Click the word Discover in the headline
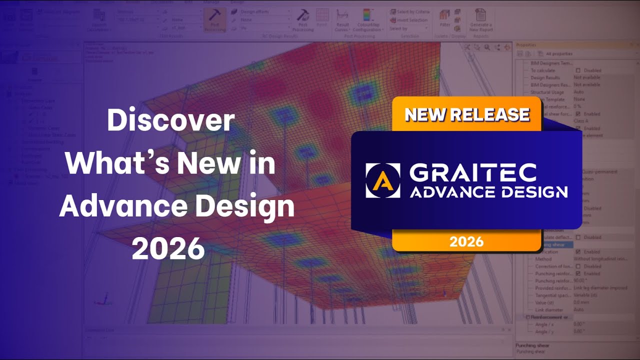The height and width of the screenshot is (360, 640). (170, 121)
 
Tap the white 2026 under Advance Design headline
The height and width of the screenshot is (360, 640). (168, 248)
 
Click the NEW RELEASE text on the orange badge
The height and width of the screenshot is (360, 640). (466, 114)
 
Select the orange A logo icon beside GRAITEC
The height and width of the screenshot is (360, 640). (382, 180)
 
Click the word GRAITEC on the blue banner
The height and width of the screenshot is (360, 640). (472, 172)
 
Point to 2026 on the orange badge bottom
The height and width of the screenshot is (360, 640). (466, 242)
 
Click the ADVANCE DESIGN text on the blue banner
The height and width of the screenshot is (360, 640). (488, 192)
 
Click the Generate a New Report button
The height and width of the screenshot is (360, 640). (480, 20)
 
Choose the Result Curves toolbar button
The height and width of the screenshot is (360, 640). (342, 20)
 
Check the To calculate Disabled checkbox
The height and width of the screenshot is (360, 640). (578, 70)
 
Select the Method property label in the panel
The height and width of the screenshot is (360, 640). (543, 259)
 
